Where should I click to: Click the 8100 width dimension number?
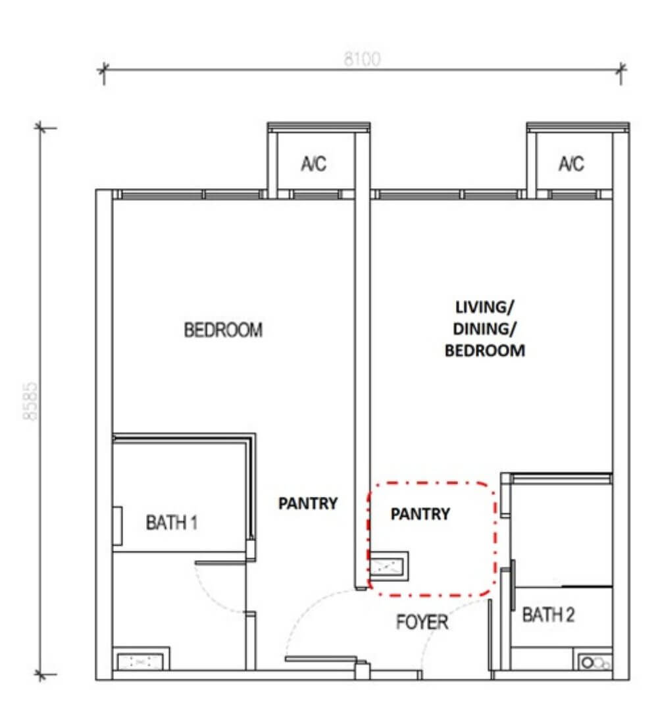point(363,59)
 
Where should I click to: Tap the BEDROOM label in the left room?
point(224,330)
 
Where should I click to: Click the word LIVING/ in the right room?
point(485,307)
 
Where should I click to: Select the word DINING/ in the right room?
point(485,328)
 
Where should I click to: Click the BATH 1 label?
point(172,523)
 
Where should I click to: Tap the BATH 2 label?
point(549,615)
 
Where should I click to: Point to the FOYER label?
point(422,622)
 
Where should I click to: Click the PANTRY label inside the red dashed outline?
point(420,514)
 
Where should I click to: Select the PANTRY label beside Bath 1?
point(308,503)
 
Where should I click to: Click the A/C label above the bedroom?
point(314,164)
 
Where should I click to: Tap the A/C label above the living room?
point(572,164)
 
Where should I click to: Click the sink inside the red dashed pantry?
point(388,566)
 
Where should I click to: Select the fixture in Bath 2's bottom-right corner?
point(594,661)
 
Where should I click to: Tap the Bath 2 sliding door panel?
point(513,584)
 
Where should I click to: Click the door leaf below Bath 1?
point(220,562)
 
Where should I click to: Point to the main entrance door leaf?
point(321,659)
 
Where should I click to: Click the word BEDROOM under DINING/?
point(485,350)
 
